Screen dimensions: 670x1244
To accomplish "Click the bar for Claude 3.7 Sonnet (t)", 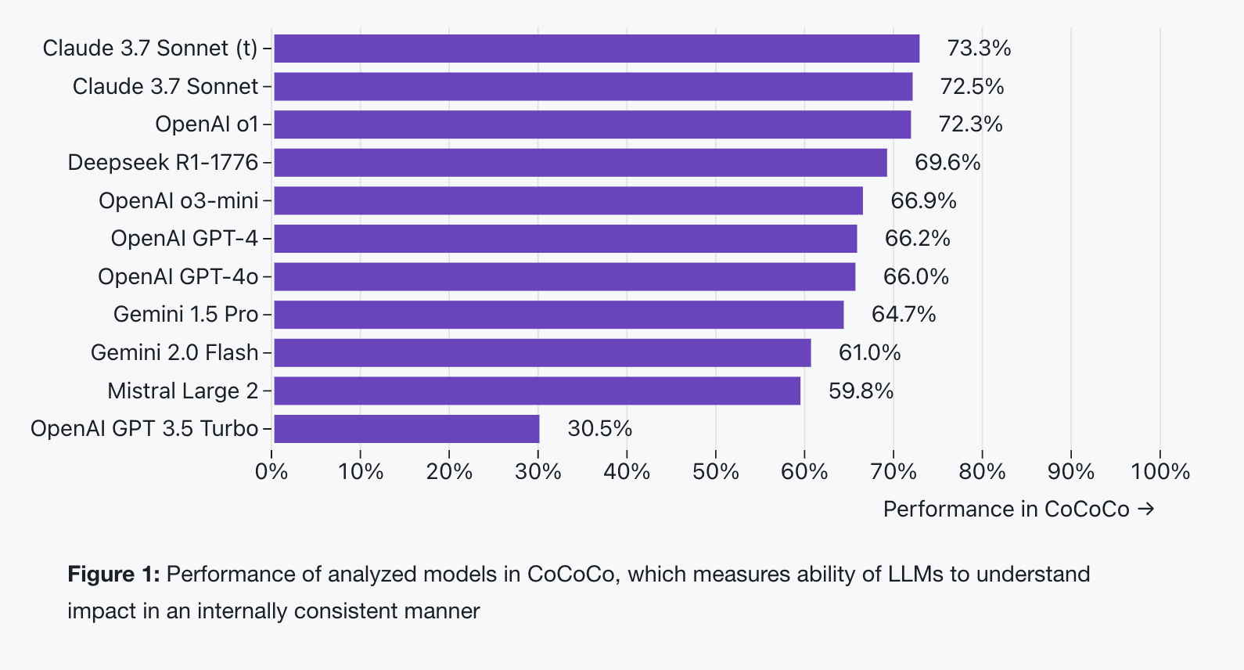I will point(596,49).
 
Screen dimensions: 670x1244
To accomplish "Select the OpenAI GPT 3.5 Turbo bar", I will point(406,429).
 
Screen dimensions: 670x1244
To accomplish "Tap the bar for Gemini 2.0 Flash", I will point(542,353).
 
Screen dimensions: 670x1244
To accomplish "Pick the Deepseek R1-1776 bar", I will point(580,163).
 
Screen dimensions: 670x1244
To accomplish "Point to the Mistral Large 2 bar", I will point(537,391).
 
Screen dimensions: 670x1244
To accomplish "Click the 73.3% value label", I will point(979,49).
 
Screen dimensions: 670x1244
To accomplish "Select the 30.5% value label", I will point(599,429).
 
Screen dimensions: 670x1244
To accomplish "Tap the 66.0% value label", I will point(915,277).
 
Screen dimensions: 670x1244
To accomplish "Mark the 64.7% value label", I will point(904,315).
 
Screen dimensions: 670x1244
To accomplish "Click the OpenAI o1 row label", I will point(207,124).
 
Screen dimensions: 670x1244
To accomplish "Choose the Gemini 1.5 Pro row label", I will point(185,315).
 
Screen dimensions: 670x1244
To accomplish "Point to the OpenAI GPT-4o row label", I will point(178,277).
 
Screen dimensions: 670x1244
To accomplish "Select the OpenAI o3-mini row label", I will point(178,201).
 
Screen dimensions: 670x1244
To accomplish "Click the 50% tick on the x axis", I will point(715,471).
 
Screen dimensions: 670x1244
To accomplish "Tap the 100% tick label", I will point(1160,471).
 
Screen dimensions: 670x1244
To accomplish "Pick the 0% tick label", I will point(271,471).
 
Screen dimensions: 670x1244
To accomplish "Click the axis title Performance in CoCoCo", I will point(1006,510).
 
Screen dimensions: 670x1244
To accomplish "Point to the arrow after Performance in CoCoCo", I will point(1146,510).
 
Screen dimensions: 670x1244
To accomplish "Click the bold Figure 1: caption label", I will point(113,575).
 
